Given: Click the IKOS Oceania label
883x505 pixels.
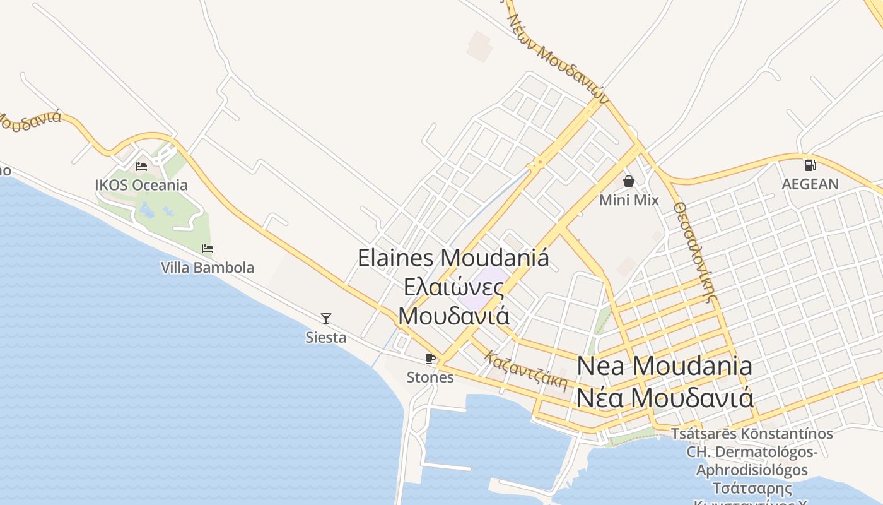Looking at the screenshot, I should coord(141,185).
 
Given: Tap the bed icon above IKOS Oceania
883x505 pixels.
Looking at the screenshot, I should coord(141,167).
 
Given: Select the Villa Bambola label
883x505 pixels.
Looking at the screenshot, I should coord(208,268).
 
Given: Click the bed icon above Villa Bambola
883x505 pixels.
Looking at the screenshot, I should coord(208,249).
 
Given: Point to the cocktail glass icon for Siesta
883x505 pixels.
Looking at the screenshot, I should coord(326,319).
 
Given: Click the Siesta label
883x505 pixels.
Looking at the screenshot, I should coord(326,338).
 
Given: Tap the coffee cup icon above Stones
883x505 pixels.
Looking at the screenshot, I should coord(430,359).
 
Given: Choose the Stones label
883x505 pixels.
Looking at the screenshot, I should coord(430,377).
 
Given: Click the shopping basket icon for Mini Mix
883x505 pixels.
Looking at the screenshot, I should coord(629,182).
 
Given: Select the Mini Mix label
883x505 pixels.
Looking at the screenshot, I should coord(629,200).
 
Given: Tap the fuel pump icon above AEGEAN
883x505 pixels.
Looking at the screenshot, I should coord(810,165).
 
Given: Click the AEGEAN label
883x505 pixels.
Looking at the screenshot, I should coord(810,184).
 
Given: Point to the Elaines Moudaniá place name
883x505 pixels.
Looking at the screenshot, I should coord(453,258).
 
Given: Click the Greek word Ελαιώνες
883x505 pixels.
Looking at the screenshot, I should coord(454,287).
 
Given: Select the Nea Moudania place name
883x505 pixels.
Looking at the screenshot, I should coord(665,366).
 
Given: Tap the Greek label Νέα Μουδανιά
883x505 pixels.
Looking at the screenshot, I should coord(665,398).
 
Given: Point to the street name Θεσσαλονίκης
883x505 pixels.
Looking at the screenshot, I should coord(696,252).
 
